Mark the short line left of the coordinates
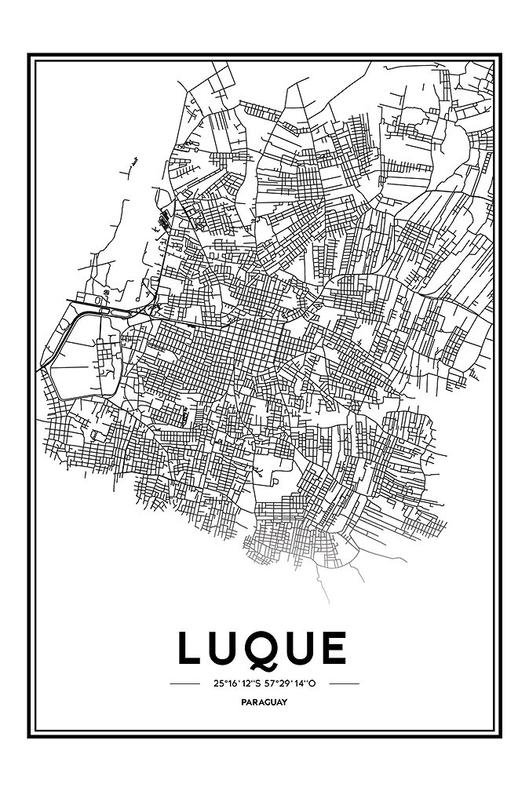185,683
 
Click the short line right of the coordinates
344,683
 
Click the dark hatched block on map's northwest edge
166,218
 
